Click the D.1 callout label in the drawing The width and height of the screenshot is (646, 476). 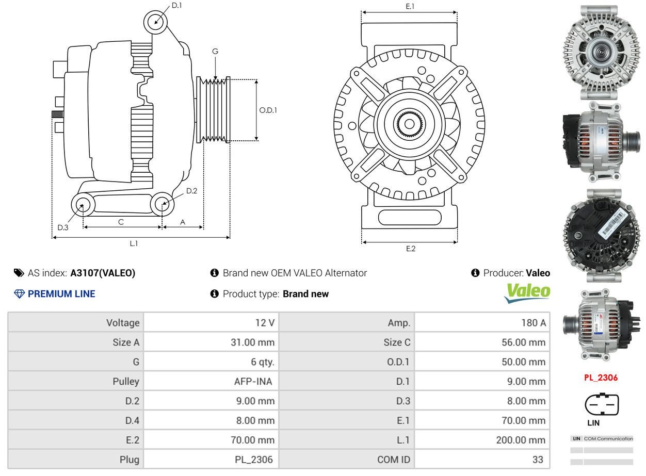pos(177,5)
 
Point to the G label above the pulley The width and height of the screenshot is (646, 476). pos(215,51)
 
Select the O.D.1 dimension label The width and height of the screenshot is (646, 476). pos(268,110)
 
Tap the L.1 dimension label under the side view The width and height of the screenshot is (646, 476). pos(134,243)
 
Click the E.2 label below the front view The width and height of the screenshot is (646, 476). pos(410,249)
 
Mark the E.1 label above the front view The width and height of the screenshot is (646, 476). pos(410,6)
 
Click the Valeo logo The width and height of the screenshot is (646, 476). pos(527,292)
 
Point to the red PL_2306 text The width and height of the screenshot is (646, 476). pos(601,377)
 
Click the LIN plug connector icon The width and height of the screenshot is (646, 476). pos(601,405)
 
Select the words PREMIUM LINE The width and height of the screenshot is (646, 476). pos(61,294)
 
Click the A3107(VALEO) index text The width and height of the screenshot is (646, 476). pos(103,273)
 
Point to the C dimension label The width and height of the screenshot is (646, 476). pos(121,222)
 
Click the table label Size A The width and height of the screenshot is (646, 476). pos(126,342)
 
